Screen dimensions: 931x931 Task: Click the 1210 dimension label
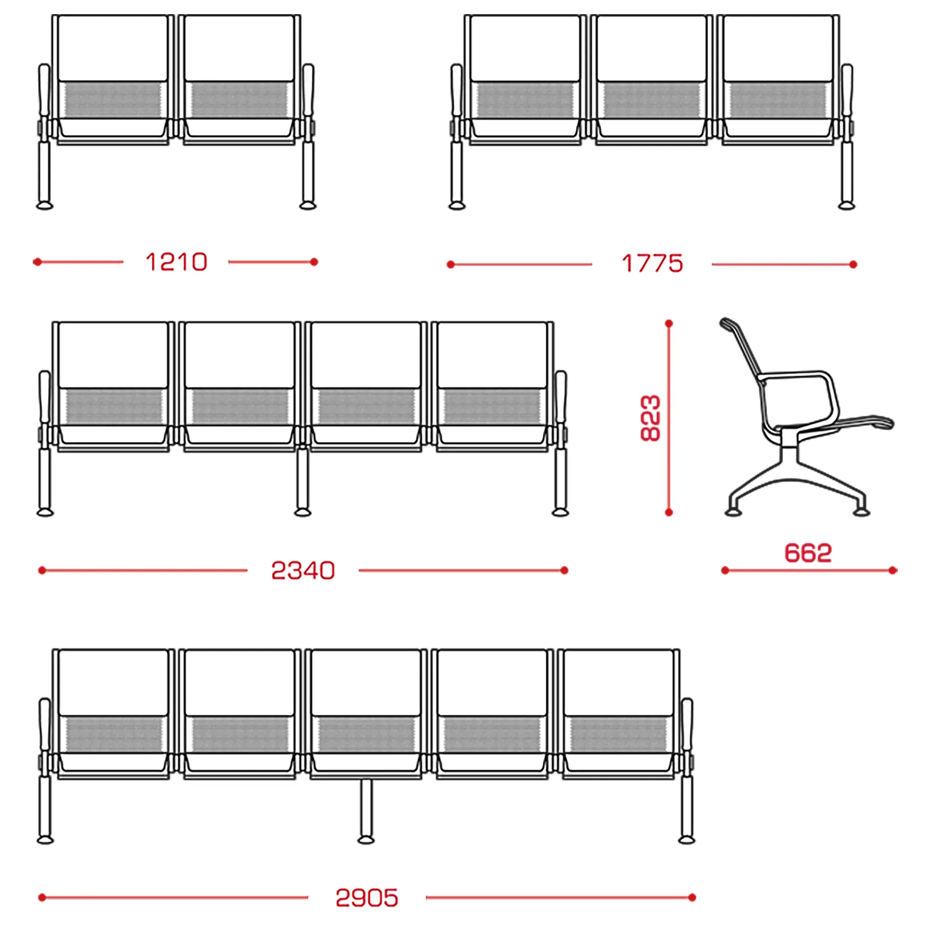(176, 262)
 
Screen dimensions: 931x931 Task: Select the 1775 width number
(652, 264)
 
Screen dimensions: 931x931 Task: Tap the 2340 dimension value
(303, 571)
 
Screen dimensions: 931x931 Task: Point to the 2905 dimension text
(367, 898)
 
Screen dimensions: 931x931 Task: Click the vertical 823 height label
(650, 418)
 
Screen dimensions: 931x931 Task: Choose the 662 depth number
(808, 553)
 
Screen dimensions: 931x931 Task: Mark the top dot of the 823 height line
(669, 324)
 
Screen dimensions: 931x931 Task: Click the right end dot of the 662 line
(893, 571)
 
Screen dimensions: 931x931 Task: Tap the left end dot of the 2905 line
(42, 897)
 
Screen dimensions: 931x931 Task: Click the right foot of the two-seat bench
(308, 206)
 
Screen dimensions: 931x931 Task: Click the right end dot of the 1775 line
(853, 265)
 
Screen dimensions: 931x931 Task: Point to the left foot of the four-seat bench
(45, 512)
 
